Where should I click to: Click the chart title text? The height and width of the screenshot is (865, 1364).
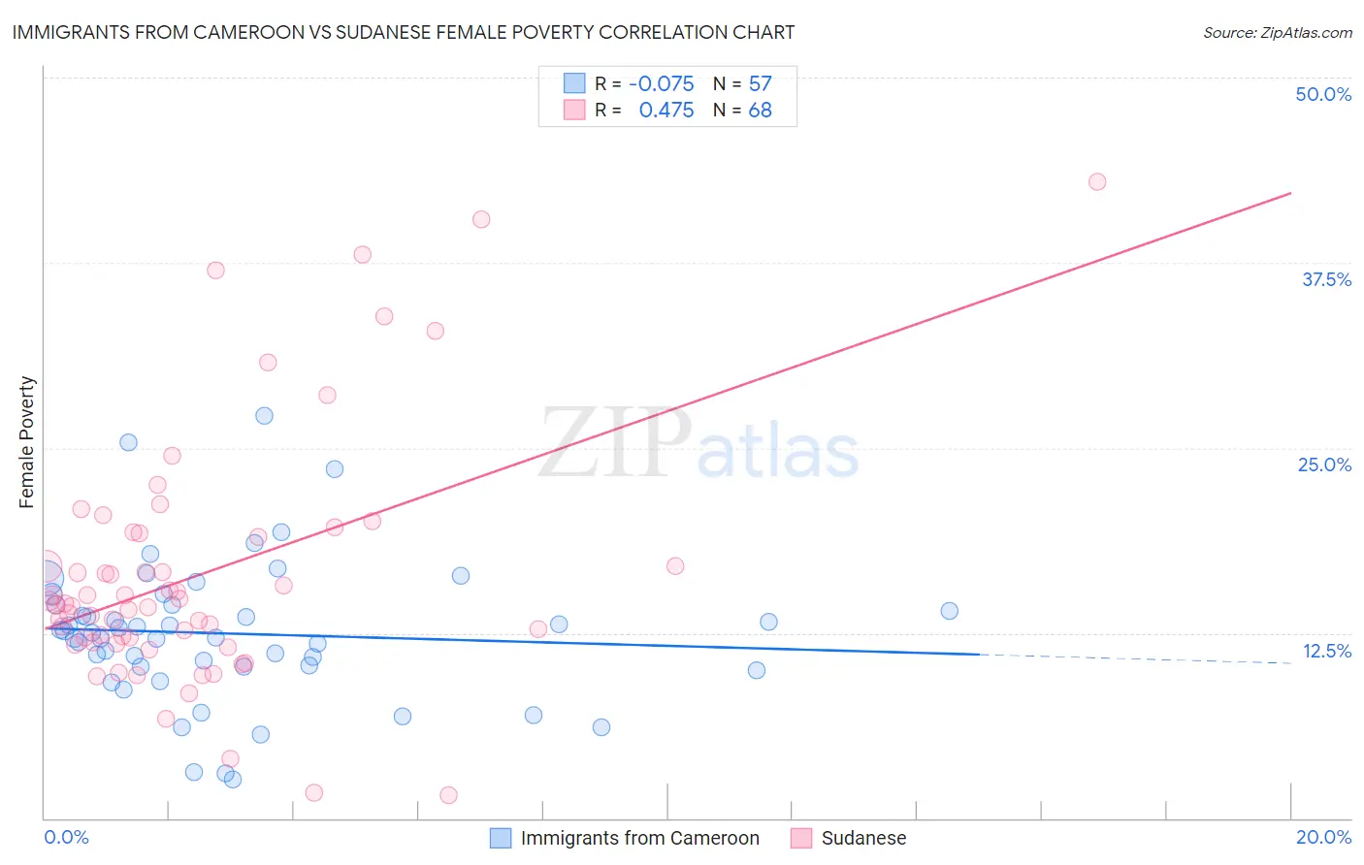click(x=404, y=32)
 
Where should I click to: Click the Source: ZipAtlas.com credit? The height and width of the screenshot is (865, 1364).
click(x=1277, y=32)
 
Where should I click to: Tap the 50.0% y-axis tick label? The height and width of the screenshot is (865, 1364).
click(x=1323, y=94)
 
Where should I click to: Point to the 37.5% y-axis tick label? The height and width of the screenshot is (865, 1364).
click(x=1326, y=279)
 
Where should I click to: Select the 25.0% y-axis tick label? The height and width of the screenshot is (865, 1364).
click(x=1324, y=465)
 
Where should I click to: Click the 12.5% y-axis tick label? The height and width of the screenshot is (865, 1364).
click(x=1326, y=651)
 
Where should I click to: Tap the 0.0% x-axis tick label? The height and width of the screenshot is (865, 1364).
click(x=66, y=837)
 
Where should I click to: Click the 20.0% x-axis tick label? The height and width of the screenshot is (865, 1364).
click(x=1323, y=837)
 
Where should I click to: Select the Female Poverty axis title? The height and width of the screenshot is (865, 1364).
click(x=27, y=442)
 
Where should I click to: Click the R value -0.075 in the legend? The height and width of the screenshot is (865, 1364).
click(x=661, y=83)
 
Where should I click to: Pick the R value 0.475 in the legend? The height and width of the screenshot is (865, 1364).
click(x=666, y=110)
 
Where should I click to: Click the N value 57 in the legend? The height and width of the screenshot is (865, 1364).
click(x=760, y=83)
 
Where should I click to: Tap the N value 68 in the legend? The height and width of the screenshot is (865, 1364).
click(x=760, y=110)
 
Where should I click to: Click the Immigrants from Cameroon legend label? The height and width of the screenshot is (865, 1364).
click(x=639, y=838)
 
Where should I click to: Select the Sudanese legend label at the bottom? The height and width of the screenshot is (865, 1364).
click(x=863, y=838)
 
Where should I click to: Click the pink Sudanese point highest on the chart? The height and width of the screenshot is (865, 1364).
click(x=1097, y=181)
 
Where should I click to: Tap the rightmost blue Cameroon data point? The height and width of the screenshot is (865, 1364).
click(x=949, y=611)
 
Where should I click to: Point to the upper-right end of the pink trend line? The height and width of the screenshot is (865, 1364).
click(x=1290, y=193)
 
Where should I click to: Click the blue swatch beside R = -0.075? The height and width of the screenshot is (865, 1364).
click(x=574, y=83)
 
